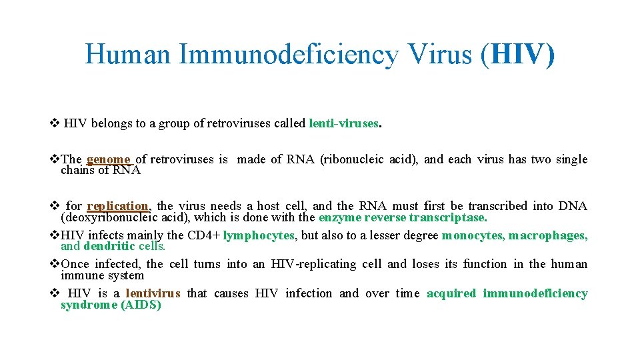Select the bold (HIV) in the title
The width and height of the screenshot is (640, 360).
517,54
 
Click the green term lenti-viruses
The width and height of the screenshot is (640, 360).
344,123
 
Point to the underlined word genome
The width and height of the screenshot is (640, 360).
109,159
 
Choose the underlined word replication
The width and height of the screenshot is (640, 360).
117,206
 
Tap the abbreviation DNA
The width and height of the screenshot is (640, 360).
573,206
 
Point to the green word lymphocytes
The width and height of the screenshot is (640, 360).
259,235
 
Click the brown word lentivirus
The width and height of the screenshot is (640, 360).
153,293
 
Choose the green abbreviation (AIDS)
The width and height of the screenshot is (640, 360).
141,305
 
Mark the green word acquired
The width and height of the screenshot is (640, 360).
451,293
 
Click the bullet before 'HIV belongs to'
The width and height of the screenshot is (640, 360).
55,123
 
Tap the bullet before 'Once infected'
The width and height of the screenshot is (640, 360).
55,264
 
